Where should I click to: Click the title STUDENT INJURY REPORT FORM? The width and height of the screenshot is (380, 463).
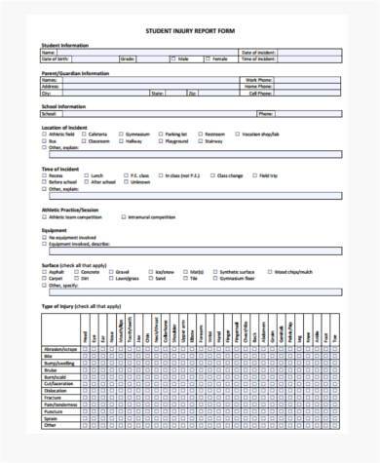point(190,30)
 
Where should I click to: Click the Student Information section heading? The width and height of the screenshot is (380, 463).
point(62,45)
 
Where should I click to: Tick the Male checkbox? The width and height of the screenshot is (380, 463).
point(172,58)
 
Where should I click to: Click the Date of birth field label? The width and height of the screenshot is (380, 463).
point(57,58)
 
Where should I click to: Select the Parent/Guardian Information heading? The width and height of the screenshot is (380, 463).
point(74,73)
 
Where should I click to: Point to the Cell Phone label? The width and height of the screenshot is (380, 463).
point(258,94)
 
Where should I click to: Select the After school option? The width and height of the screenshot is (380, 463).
point(87,182)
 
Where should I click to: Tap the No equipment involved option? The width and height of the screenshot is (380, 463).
point(44,237)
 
